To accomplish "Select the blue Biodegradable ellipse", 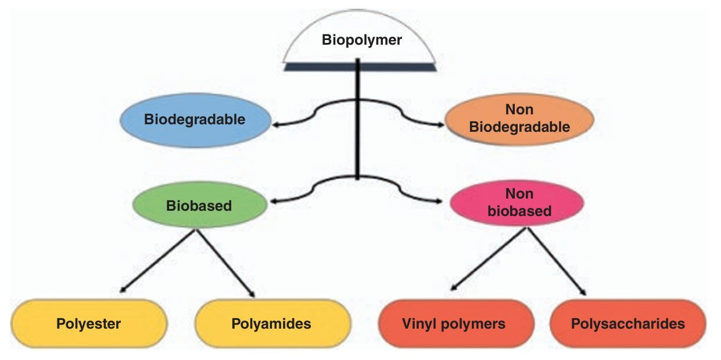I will tap(195, 120).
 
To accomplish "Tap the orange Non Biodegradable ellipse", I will tap(519, 118).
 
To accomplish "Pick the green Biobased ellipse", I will tap(199, 206).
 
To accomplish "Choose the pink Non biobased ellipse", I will tap(519, 203).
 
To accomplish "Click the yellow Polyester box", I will tap(88, 323).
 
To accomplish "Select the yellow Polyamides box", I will tap(271, 323).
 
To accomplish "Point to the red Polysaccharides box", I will tap(627, 323).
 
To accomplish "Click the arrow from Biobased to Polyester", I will tap(157, 260).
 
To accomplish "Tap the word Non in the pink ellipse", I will tap(519, 195).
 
